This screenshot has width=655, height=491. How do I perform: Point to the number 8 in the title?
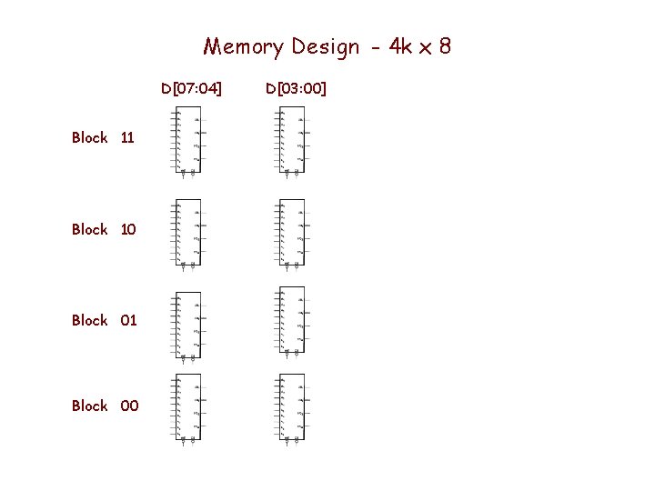[x=444, y=45]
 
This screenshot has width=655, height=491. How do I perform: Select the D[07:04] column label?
[x=191, y=88]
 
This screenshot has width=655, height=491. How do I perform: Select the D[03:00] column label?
[x=297, y=88]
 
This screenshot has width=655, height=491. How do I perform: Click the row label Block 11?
[x=103, y=137]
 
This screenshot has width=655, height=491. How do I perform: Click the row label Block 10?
[x=103, y=229]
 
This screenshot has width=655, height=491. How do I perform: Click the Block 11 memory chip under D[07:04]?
[x=188, y=140]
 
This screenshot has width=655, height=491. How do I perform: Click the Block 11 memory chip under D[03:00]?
[x=292, y=140]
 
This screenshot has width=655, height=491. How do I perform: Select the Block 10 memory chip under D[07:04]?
[x=188, y=233]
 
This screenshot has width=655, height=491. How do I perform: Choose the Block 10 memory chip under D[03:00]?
[x=292, y=233]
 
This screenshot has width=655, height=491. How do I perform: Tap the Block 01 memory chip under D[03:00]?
[x=292, y=320]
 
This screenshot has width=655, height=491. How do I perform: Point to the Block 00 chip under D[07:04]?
[x=188, y=407]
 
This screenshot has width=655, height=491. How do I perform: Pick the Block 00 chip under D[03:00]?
[x=292, y=407]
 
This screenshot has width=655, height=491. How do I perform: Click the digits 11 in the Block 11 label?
[x=127, y=137]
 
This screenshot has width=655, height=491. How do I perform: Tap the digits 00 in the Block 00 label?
[x=129, y=406]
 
